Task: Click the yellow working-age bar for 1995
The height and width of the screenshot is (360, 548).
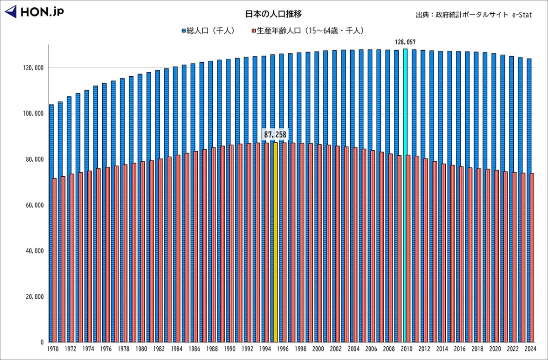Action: pyautogui.click(x=275, y=242)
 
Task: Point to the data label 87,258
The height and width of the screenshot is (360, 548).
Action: pyautogui.click(x=275, y=134)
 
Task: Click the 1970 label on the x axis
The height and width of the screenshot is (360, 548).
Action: pyautogui.click(x=53, y=349)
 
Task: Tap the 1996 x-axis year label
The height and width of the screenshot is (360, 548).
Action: pyautogui.click(x=282, y=349)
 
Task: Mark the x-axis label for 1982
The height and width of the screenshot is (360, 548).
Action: pyautogui.click(x=159, y=349)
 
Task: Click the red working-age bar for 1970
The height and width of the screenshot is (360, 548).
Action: pyautogui.click(x=55, y=260)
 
